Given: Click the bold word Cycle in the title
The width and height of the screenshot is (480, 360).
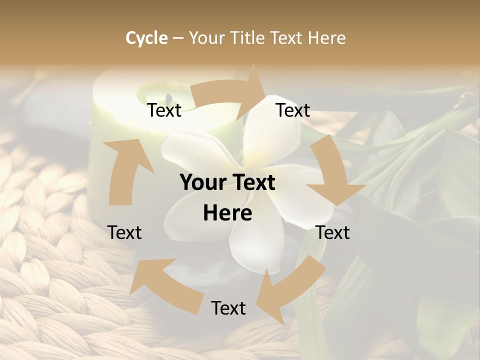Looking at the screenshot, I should (x=146, y=37).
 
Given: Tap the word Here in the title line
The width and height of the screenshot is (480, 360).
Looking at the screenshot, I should (x=326, y=37).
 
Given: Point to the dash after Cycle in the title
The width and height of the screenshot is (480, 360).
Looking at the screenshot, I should (x=178, y=38).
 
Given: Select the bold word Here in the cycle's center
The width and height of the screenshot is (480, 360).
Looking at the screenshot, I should (x=227, y=213).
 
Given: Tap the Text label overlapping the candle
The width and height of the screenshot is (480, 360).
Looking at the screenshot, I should (x=164, y=110).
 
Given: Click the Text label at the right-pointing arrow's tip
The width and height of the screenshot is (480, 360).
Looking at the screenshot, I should (x=293, y=110).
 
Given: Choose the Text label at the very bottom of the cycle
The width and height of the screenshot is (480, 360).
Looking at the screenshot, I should (x=228, y=308).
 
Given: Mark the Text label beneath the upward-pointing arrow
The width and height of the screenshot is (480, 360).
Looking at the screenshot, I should (x=124, y=232).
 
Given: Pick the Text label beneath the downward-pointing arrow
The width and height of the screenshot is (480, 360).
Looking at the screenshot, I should (x=333, y=232).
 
